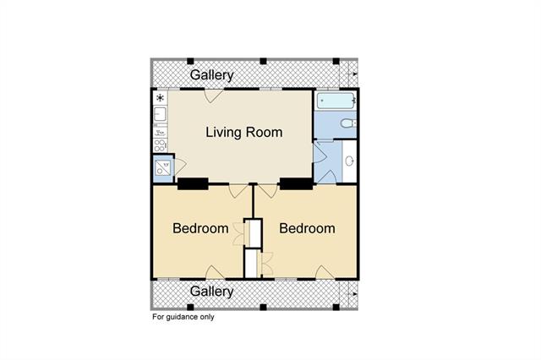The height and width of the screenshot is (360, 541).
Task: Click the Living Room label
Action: pos(244,133)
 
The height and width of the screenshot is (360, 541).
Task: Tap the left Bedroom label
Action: pos(200,228)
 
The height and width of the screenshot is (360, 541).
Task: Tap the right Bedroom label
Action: pos(307,228)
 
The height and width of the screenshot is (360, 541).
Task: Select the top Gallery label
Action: pos(212,75)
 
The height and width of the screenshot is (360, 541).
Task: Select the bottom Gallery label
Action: pos(212,292)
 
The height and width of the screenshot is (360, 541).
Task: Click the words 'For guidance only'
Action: pos(183,317)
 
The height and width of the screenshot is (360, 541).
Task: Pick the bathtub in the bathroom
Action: pos(336,101)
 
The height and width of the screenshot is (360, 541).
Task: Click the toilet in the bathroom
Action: pos(348,123)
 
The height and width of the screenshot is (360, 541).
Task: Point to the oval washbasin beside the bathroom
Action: pos(350,161)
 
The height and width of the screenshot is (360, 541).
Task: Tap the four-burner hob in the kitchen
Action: pos(160,145)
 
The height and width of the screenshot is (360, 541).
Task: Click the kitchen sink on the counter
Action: pos(160,114)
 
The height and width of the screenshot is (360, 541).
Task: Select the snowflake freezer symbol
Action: pos(160,98)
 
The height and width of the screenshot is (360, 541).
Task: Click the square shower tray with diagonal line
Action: pos(162,168)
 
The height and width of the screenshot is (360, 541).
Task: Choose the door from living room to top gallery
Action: pos(214,95)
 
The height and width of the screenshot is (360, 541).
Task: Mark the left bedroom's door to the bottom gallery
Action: pos(215,272)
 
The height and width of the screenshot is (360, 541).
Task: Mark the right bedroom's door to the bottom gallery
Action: pos(325,272)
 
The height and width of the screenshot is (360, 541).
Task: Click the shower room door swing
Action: pos(180,166)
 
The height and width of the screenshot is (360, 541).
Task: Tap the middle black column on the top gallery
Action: pos(263,61)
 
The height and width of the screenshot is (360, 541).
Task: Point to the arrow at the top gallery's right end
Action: pos(352,74)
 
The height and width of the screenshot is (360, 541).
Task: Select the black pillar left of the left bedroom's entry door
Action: pos(193,183)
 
